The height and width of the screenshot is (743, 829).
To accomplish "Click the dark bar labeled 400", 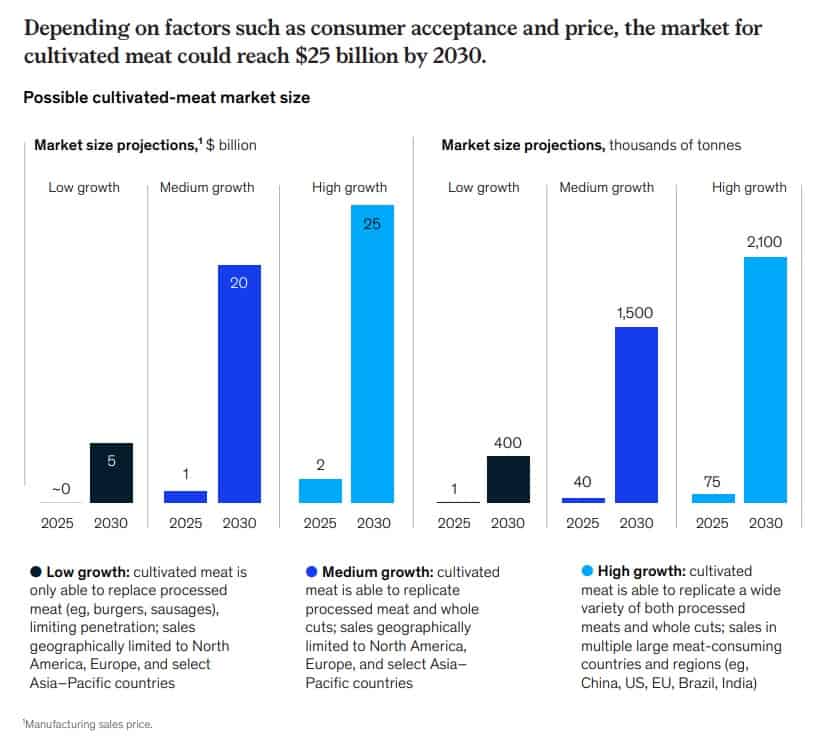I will click(507, 479).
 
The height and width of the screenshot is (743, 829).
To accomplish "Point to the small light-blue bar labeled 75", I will click(712, 498).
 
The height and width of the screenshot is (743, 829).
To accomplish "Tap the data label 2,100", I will click(765, 241).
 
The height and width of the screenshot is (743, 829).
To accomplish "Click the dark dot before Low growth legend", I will click(36, 572).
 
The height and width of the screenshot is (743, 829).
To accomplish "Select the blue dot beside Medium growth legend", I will click(311, 572).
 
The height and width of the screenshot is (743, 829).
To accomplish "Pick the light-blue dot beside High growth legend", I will click(586, 572).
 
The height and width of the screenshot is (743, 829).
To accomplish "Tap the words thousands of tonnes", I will click(675, 145).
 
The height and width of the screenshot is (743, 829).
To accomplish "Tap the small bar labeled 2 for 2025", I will click(320, 490).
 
